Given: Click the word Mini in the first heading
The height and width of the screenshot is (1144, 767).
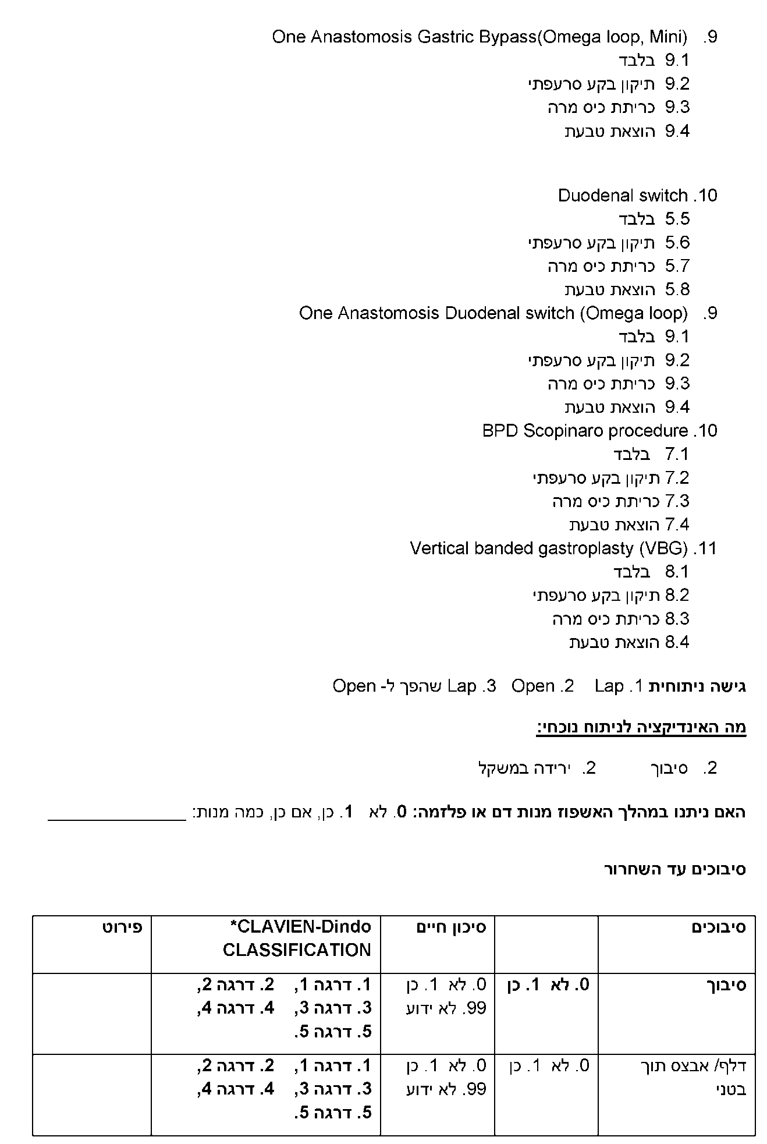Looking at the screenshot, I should (667, 37).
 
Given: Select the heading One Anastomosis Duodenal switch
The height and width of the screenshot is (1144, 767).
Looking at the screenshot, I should (493, 313).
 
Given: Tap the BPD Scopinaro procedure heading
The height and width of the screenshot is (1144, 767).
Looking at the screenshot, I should (585, 431).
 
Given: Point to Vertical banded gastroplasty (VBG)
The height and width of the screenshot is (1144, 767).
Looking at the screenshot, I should (549, 548).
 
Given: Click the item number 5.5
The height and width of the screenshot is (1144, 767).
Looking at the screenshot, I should (677, 219).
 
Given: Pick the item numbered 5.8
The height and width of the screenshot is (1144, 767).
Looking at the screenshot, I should (677, 289).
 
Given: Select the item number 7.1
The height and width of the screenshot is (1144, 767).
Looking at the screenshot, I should (677, 454).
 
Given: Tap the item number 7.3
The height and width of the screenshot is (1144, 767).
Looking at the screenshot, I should (677, 501).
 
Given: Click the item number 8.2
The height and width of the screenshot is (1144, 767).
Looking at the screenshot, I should (677, 595).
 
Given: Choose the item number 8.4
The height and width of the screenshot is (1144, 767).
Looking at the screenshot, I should (677, 642).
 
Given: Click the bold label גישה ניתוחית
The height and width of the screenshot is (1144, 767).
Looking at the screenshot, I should (697, 686).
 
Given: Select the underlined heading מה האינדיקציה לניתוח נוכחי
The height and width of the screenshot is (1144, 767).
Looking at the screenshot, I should (641, 727).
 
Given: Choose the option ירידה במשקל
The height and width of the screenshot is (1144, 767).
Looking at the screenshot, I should (521, 768).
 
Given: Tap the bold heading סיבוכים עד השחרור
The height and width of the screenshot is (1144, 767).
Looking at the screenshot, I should (675, 870).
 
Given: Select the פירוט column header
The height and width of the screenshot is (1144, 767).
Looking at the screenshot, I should (122, 927).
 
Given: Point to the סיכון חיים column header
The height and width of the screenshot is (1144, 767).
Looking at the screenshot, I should (451, 927).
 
